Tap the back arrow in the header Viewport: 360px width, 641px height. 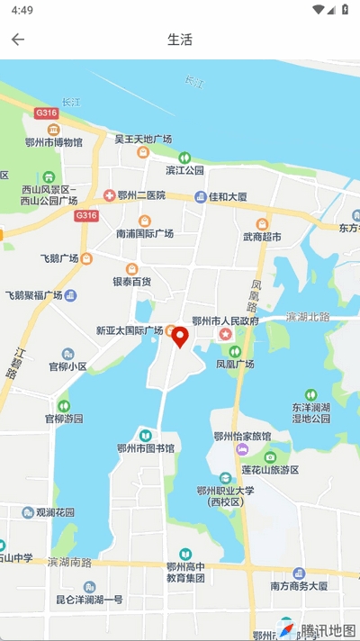coord(18,40)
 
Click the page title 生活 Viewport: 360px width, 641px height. coord(180,40)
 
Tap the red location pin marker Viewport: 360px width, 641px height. coord(180,337)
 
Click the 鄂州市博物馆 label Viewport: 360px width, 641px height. coord(54,142)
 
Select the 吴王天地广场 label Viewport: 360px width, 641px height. coord(143,140)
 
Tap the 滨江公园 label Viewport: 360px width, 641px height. coord(184,169)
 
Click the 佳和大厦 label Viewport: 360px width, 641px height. coord(228,195)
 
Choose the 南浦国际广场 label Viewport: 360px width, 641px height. coord(145,233)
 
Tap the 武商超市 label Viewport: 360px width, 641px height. coord(262,237)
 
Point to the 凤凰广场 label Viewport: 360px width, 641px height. coord(235,364)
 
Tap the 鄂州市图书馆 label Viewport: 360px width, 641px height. coord(146,447)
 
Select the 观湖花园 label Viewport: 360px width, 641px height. coord(55,512)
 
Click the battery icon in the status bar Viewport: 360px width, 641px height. coord(346,10)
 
